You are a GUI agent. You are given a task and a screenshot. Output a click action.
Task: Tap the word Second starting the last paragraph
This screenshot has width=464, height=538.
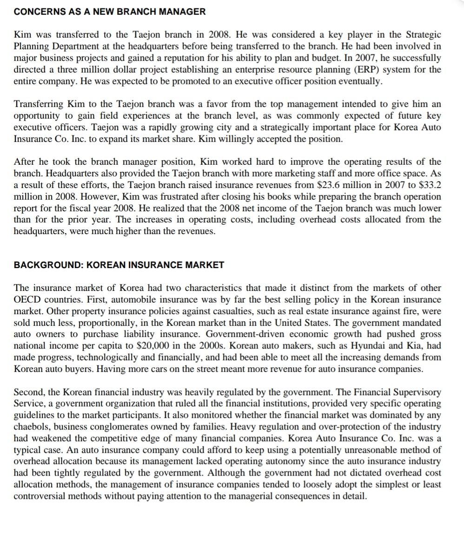click(28, 392)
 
